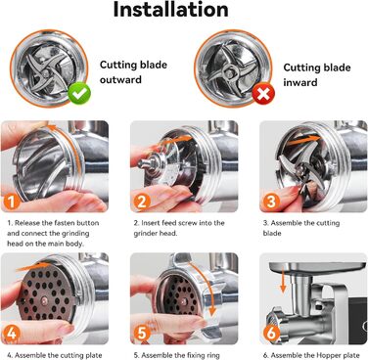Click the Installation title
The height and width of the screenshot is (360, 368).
click(x=170, y=10)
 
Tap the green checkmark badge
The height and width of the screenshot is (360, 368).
click(x=79, y=94)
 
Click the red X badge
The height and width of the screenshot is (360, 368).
click(x=263, y=94)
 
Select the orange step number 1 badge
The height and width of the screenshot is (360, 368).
click(x=12, y=202)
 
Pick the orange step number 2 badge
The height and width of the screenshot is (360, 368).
click(x=142, y=202)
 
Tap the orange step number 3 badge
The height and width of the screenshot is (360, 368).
click(x=271, y=202)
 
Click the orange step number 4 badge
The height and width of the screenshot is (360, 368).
click(x=12, y=334)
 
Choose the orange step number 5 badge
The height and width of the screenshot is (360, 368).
click(x=142, y=334)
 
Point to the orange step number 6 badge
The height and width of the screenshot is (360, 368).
click(x=271, y=334)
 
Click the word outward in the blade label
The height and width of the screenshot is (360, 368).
click(x=120, y=80)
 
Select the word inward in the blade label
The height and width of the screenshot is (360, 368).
click(x=300, y=82)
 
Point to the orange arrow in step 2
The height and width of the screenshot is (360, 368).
click(x=177, y=141)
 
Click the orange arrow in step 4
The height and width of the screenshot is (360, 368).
click(x=32, y=267)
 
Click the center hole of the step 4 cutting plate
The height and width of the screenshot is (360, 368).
click(x=44, y=297)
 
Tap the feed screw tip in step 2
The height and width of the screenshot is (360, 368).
click(x=141, y=164)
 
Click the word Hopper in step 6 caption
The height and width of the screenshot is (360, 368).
click(x=326, y=355)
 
